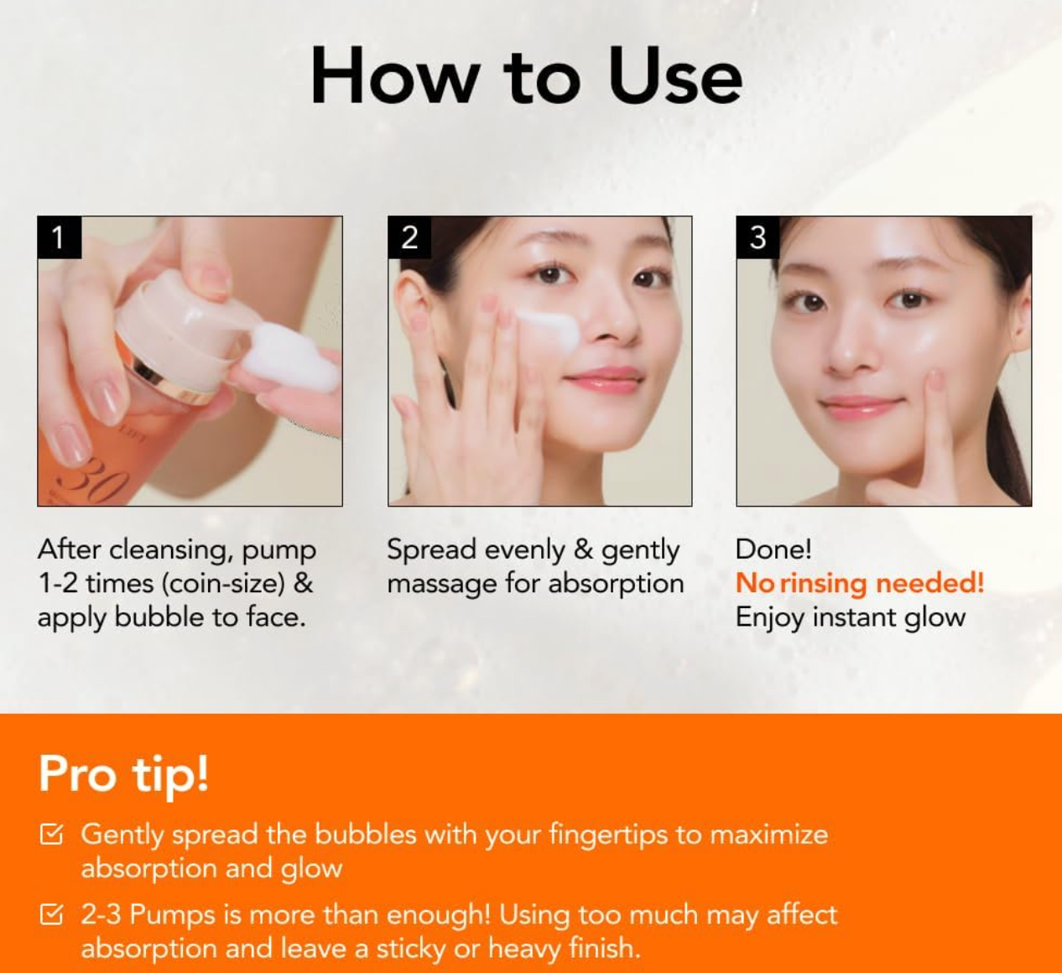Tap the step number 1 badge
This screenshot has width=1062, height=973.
point(59,237)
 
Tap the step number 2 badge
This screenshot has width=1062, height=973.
point(409,237)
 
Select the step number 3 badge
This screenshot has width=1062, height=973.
point(757,237)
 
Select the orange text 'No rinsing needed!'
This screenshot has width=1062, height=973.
point(859,583)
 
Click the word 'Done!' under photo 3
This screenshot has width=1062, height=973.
point(773,549)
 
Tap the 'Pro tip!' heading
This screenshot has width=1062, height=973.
point(123,773)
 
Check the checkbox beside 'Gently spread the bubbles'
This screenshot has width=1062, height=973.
point(51,835)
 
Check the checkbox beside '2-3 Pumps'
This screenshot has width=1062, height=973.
point(51,914)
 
